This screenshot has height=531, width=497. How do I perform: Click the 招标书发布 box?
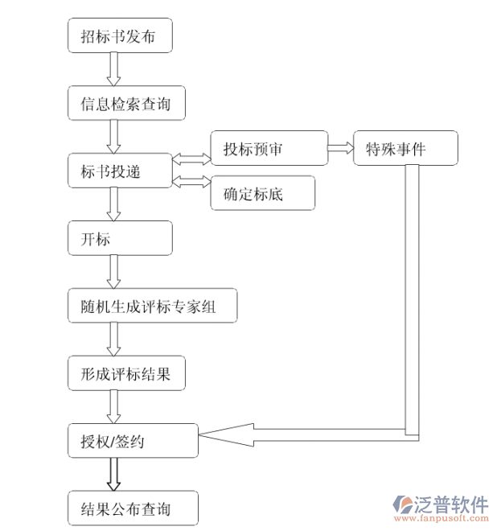point(119,36)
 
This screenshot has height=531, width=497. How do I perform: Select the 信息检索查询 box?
point(125,104)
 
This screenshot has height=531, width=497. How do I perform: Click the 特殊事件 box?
point(405,148)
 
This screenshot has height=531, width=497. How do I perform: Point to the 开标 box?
point(119,239)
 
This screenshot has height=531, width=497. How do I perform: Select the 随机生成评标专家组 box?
point(152,307)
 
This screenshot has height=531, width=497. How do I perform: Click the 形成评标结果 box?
point(130,374)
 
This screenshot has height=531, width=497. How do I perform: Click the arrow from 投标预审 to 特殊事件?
point(340,147)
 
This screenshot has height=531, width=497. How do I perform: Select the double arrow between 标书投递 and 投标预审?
point(191,158)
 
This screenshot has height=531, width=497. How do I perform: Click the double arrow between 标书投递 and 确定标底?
point(191,181)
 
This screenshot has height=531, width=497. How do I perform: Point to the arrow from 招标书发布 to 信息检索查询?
point(114,70)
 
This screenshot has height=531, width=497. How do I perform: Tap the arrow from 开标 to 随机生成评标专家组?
point(114,273)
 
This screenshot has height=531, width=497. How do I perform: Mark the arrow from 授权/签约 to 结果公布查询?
point(114,475)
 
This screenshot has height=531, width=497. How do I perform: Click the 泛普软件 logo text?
point(451,504)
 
